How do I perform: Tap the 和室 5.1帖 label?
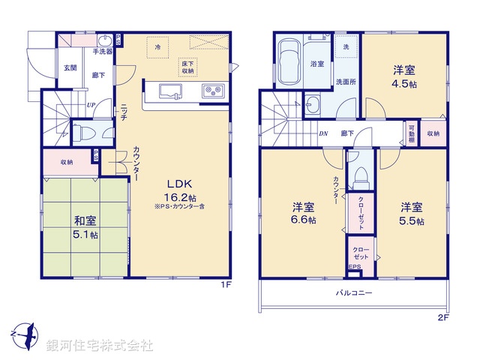click(82, 226)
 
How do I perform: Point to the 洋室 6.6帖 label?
click(304, 214)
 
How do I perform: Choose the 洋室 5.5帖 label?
click(412, 214)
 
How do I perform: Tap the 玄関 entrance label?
click(70, 67)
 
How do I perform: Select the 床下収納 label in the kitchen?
click(187, 68)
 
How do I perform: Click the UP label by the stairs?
click(90, 105)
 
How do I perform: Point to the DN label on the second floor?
click(323, 133)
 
